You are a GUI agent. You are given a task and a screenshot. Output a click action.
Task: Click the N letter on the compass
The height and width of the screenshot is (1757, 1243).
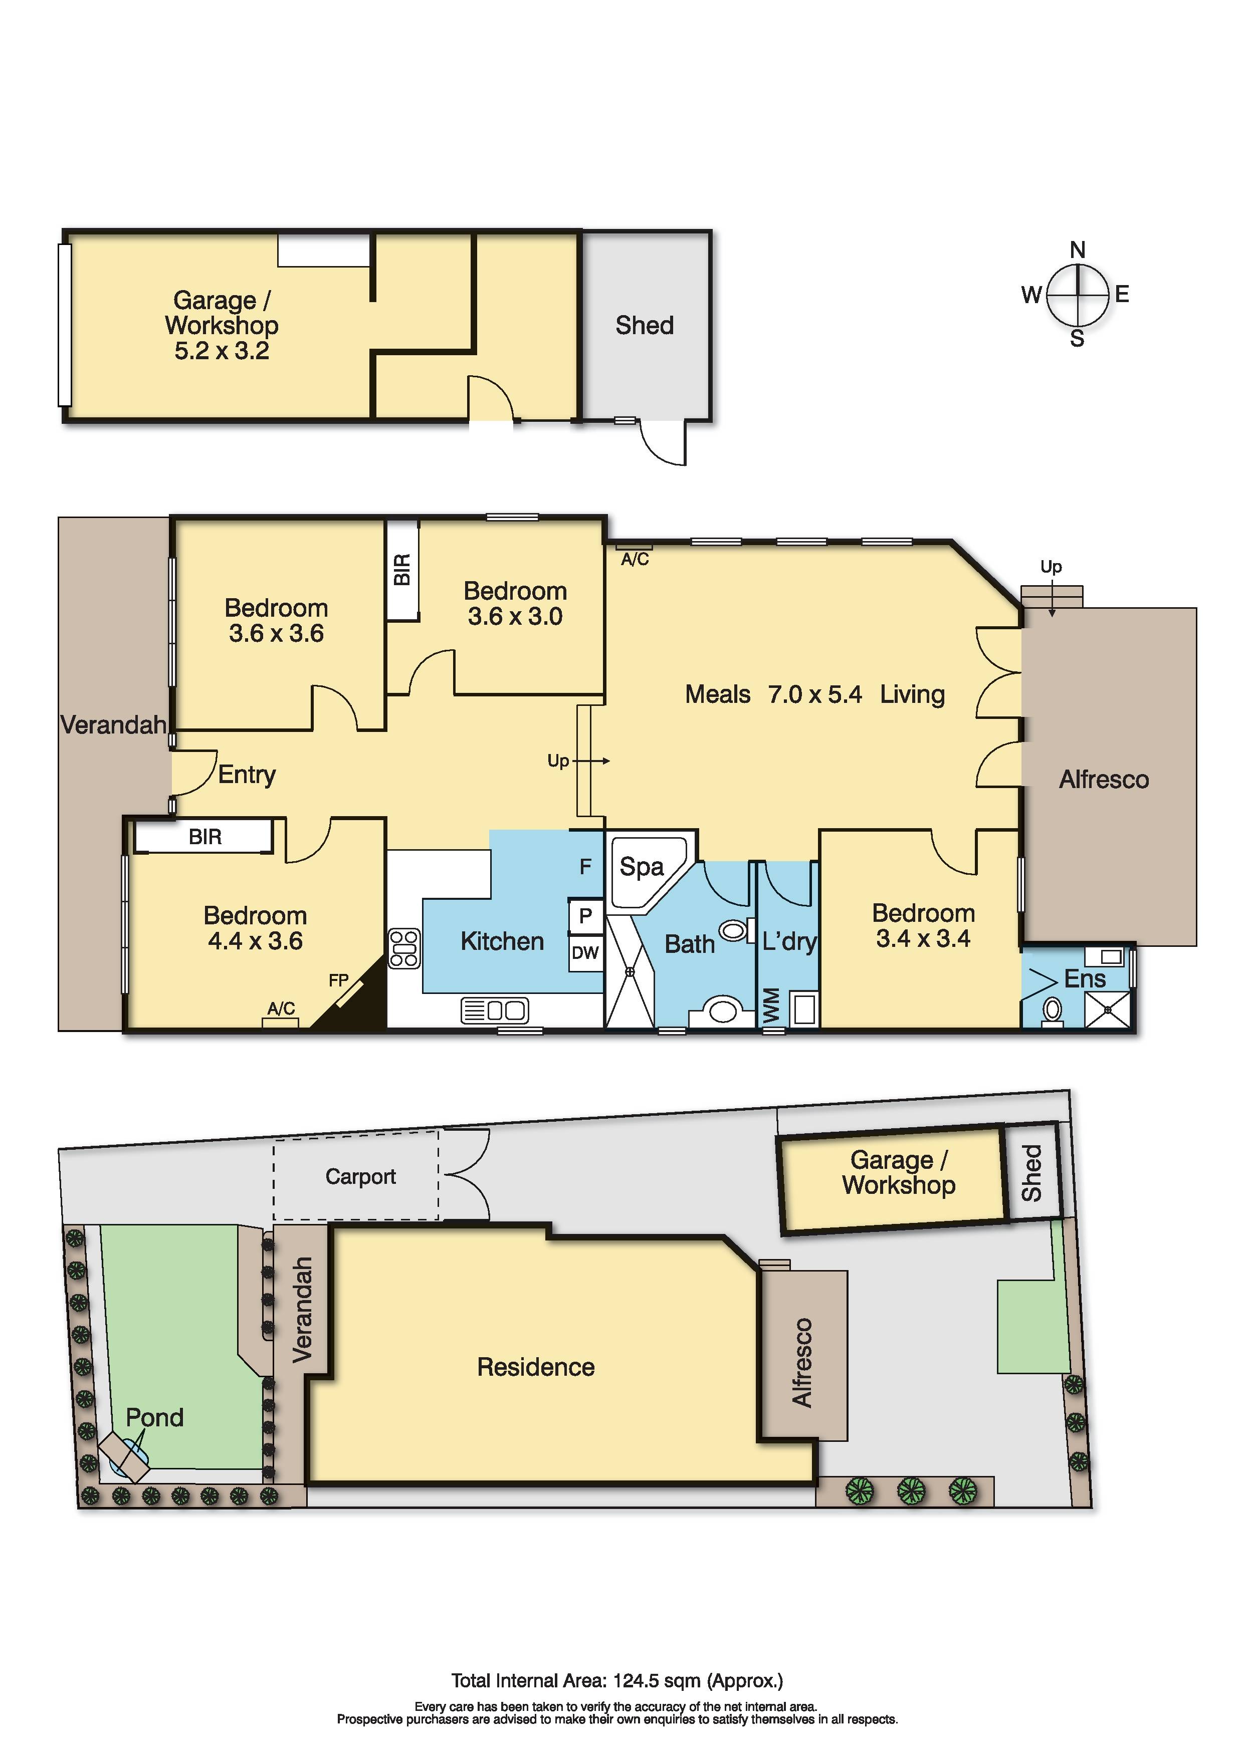pos(1077,249)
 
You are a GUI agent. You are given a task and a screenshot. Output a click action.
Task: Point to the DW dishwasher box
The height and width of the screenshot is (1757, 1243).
pos(585,953)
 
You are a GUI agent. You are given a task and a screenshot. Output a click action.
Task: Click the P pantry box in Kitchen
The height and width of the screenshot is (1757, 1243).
pos(585,915)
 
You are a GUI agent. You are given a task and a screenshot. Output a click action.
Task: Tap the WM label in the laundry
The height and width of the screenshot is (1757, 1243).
pos(771,1005)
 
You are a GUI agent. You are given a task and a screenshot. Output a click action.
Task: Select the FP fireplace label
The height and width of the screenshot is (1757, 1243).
pos(338,980)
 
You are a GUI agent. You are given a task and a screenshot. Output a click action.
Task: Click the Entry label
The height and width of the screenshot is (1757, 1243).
pos(247,775)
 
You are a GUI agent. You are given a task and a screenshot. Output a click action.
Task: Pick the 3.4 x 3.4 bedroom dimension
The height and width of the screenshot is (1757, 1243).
pos(923,938)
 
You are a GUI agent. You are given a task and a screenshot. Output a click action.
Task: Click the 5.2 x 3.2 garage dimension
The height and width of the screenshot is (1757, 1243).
pos(222,351)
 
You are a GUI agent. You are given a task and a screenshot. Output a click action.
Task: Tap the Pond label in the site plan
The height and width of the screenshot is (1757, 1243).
pos(154,1417)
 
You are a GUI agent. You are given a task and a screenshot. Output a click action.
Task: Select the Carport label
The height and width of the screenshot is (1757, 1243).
pos(360,1176)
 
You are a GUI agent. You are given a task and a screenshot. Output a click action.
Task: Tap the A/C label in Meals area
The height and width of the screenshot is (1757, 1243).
pos(635,560)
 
